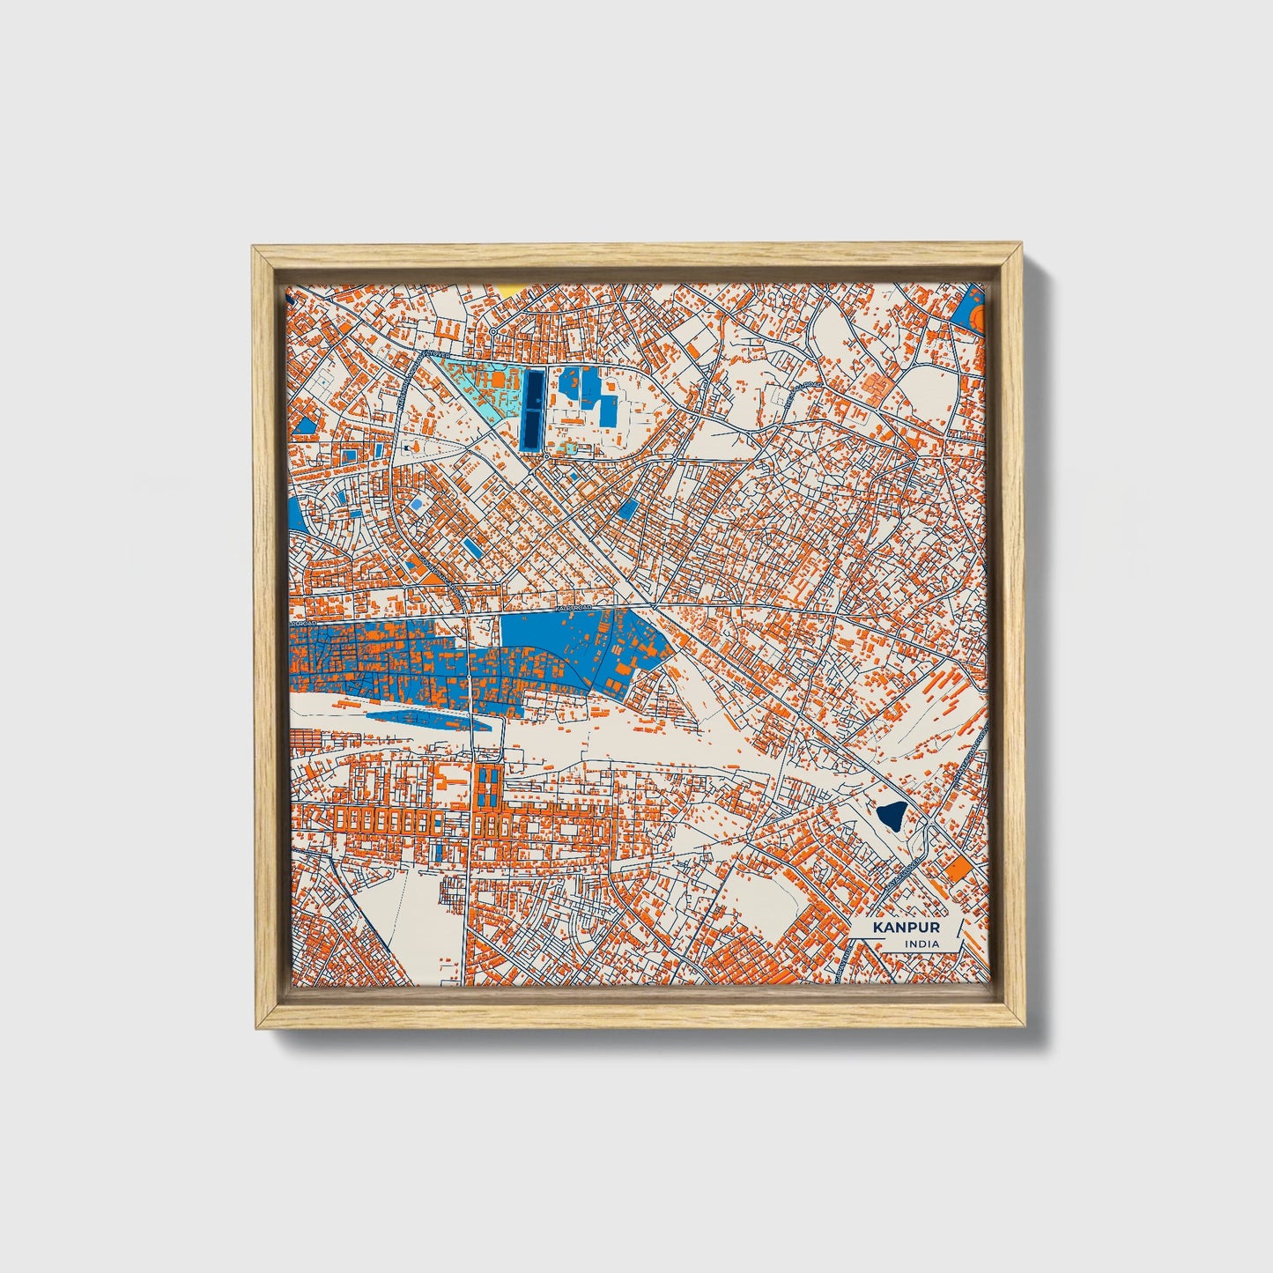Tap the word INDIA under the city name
pyautogui.click(x=921, y=944)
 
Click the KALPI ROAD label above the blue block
pyautogui.click(x=574, y=608)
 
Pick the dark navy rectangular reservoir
pyautogui.click(x=532, y=410)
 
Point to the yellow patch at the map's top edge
pyautogui.click(x=510, y=288)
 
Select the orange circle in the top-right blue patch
pyautogui.click(x=975, y=315)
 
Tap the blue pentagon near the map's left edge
pyautogui.click(x=305, y=426)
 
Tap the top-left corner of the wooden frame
pyautogui.click(x=255, y=248)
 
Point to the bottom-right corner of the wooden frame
pyautogui.click(x=1023, y=1025)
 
